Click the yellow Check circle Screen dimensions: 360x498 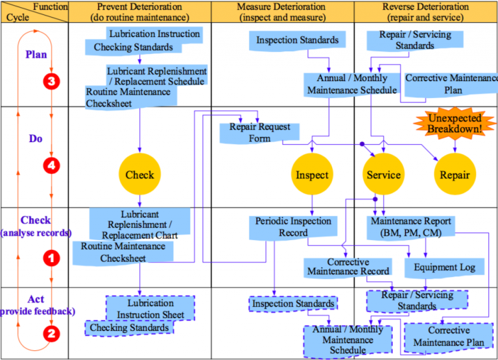pos(139,174)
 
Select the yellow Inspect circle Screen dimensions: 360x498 pos(312,174)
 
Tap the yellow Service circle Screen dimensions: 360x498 pos(383,174)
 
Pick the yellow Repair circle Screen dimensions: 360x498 pos(455,174)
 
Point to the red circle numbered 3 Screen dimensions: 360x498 pos(51,81)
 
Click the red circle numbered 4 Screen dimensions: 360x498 pos(51,165)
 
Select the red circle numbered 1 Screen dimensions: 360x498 pos(51,258)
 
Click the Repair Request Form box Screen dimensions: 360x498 pos(259,132)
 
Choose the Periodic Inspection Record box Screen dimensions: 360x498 pos(293,227)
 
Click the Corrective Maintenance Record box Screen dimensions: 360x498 pos(348,267)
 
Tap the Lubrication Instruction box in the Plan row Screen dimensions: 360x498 pos(154,33)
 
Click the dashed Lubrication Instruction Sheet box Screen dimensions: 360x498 pos(150,308)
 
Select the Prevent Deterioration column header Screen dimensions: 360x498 pos(139,12)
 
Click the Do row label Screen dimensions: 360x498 pos(36,138)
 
